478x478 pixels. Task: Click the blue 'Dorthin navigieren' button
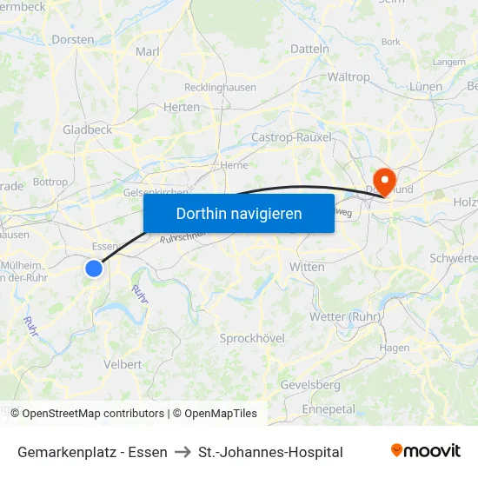239,213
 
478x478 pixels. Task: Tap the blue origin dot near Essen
94,269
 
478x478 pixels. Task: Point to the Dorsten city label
73,39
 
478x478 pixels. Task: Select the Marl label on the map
148,52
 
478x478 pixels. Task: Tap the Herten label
182,107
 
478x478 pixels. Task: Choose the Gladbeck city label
87,129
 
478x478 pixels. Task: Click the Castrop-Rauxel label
291,137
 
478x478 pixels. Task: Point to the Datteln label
309,50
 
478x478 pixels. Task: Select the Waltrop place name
349,77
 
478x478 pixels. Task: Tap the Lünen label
425,87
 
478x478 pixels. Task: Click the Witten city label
307,267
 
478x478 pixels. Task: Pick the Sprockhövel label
252,338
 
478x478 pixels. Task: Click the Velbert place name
123,364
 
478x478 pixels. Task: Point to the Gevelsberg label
310,385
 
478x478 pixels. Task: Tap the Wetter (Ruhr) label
346,316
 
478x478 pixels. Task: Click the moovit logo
426,451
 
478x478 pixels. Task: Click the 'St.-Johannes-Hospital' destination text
270,452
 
